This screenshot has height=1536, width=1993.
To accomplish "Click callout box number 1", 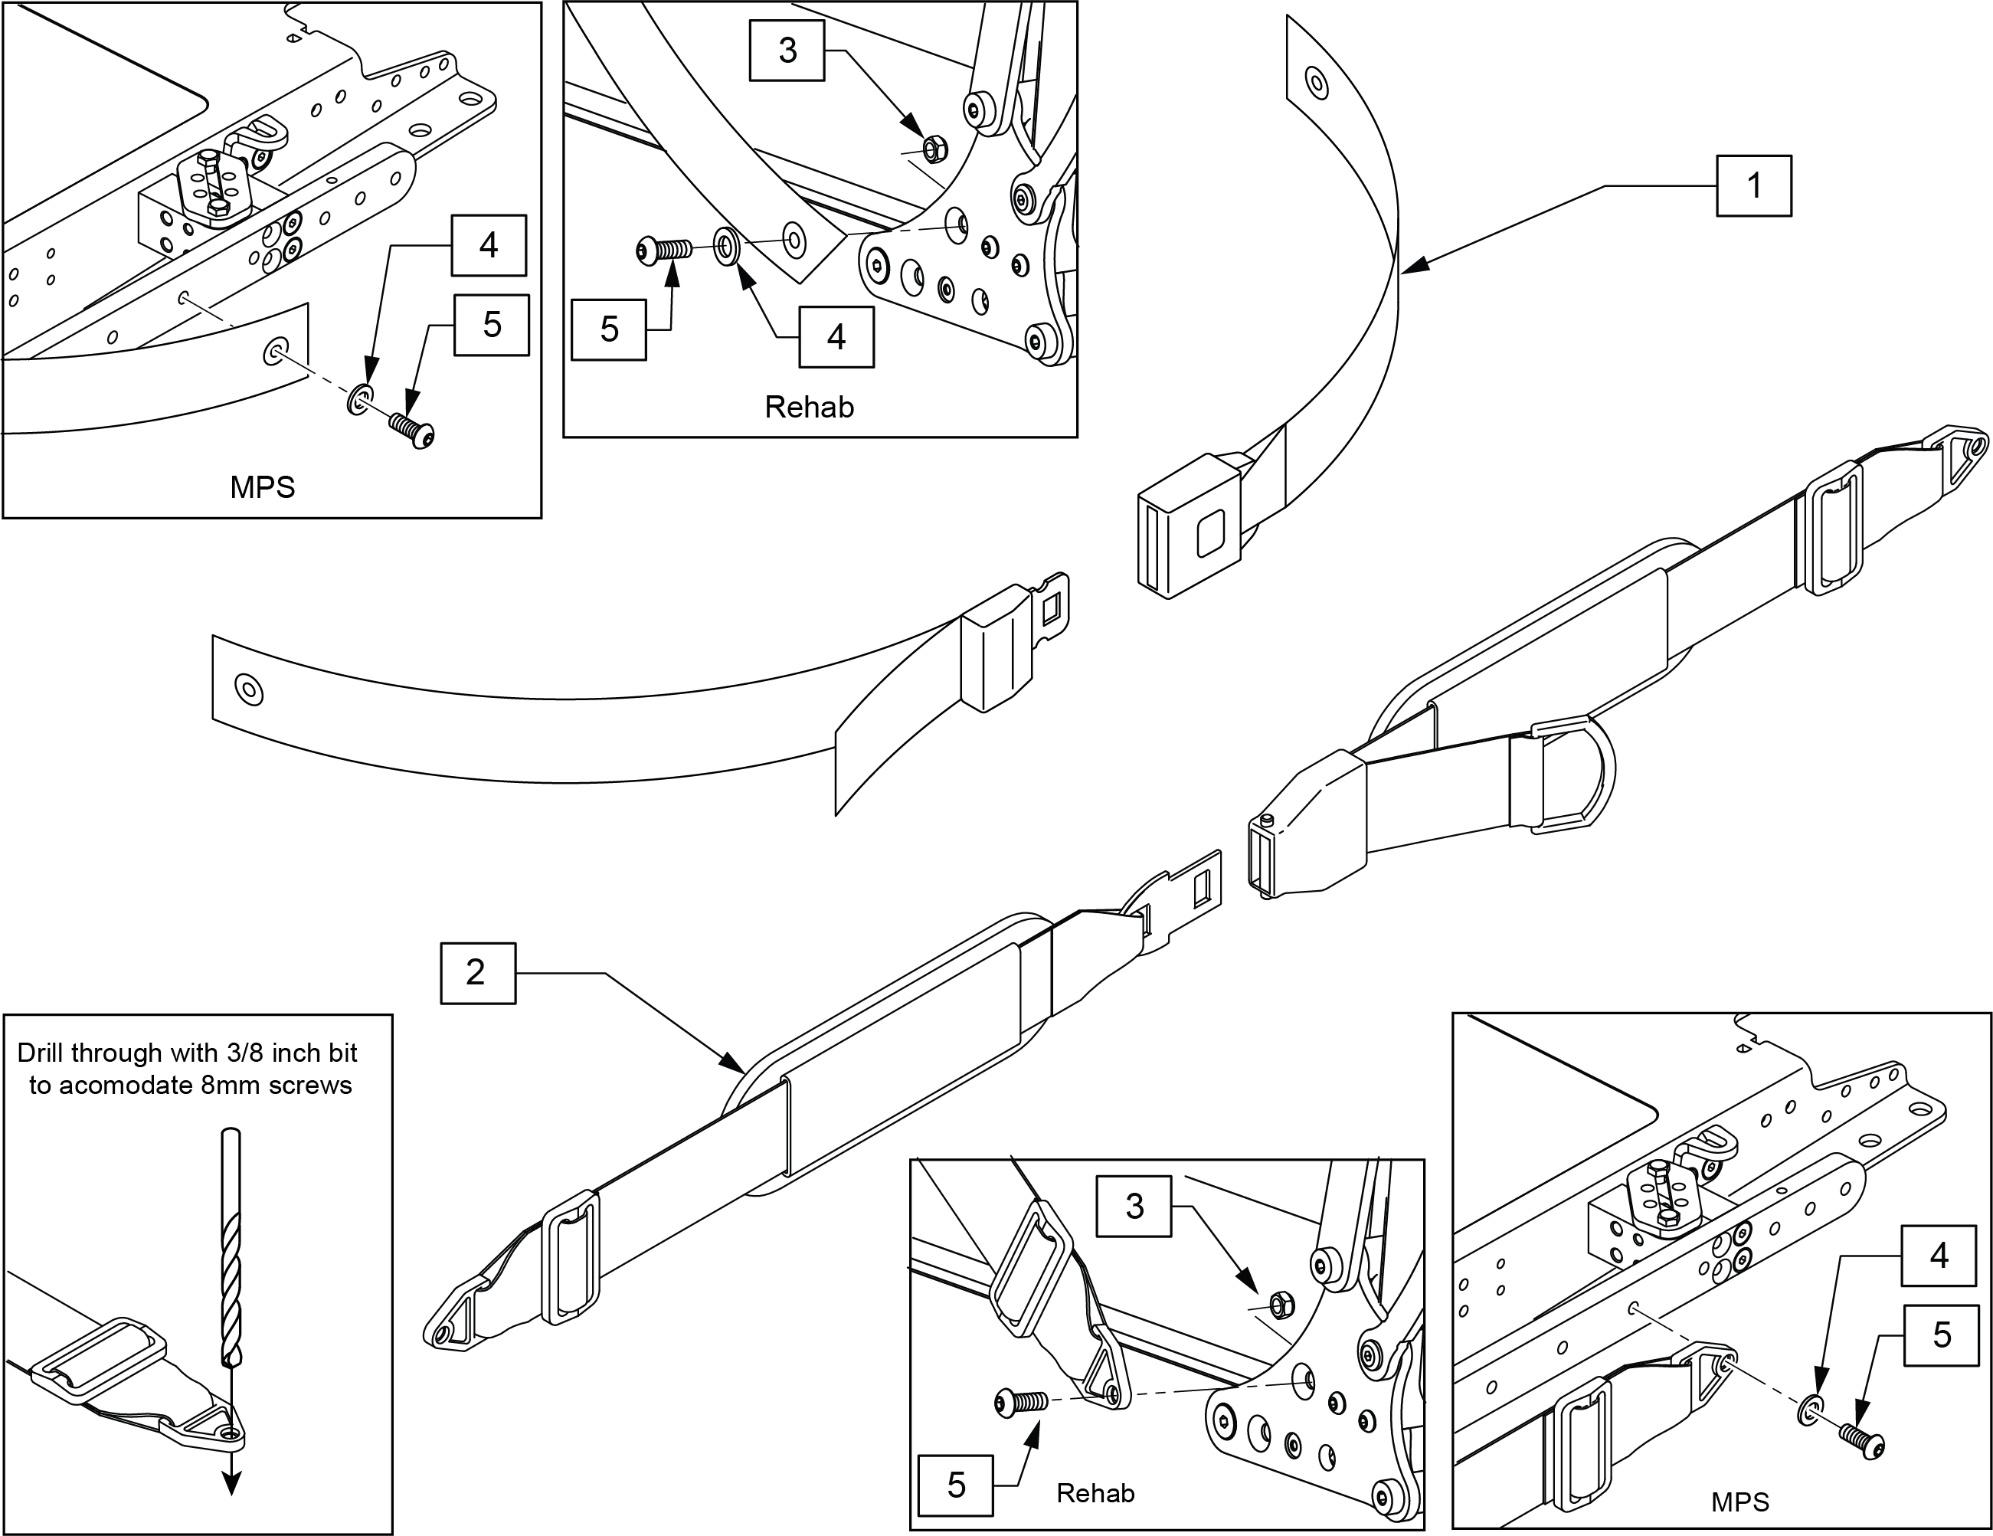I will click(1753, 186).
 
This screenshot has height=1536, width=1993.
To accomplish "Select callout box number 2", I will click(477, 973).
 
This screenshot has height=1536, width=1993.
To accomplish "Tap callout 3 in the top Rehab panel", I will click(787, 51).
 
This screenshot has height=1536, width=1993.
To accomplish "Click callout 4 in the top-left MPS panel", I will click(488, 245).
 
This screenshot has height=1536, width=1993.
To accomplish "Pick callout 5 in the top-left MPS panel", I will click(492, 325).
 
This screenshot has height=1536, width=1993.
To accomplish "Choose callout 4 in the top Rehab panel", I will click(836, 337).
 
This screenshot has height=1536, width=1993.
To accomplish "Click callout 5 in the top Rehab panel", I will click(609, 329).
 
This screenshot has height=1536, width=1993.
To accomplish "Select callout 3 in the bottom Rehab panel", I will click(1134, 1206).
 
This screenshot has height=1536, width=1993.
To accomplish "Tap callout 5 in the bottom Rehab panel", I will click(955, 1485).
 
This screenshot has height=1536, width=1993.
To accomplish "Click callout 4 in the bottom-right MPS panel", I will click(1939, 1256).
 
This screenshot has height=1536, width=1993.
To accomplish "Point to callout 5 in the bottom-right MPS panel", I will click(1941, 1335).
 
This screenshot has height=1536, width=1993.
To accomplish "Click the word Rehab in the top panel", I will click(809, 407).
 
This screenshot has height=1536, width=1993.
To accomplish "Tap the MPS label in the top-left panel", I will click(263, 487).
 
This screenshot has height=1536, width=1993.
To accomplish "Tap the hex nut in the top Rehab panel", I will click(933, 147).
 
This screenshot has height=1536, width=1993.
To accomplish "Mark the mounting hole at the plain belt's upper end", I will click(1316, 83).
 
